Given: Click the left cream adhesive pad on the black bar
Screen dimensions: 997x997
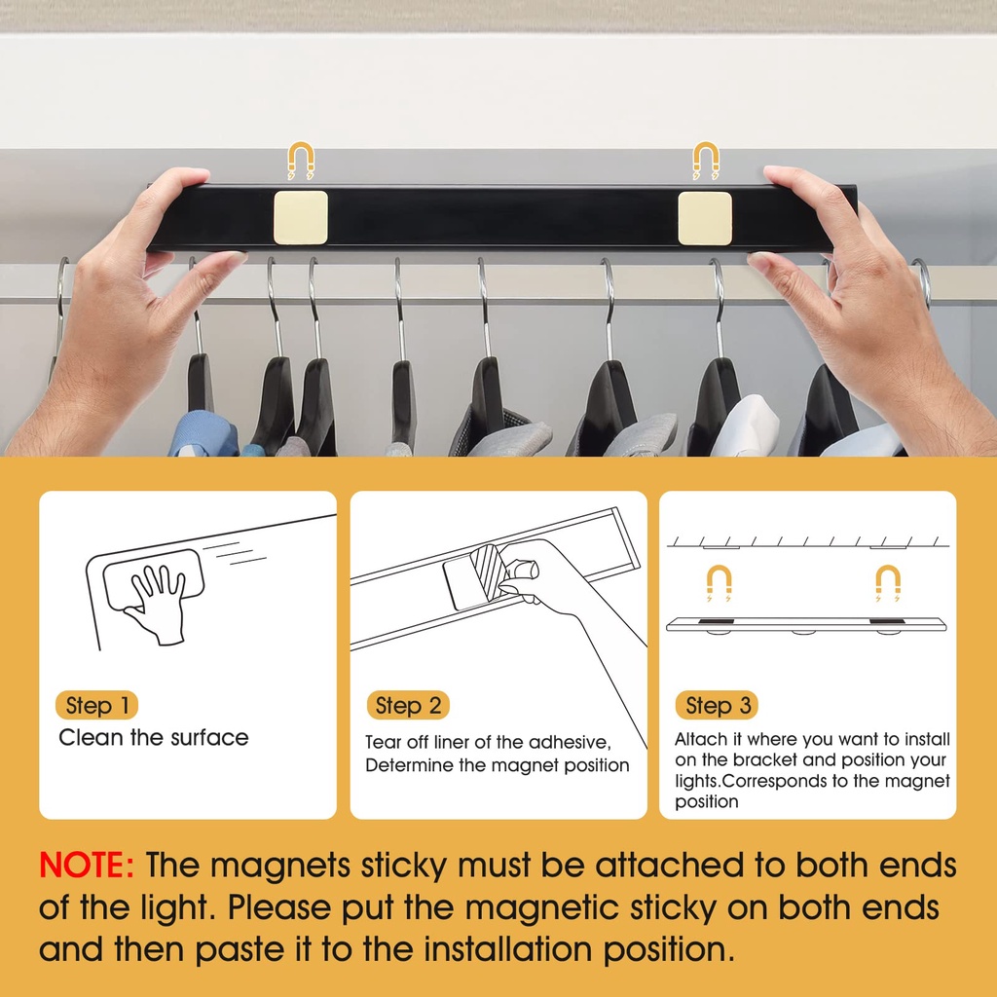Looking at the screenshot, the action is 301,217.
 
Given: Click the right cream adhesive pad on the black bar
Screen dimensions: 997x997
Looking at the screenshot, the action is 705,218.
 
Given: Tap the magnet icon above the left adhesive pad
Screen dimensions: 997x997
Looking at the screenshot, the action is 301,161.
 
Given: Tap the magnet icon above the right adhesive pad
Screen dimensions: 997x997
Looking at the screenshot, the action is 706,161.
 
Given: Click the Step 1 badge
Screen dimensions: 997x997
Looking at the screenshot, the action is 96,705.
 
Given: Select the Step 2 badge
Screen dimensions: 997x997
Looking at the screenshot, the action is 408,705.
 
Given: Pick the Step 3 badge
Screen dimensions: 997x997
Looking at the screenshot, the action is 717,705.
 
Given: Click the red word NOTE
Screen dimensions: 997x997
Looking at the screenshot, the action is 87,866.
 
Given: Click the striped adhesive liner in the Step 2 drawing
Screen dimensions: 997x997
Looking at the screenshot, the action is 489,570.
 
